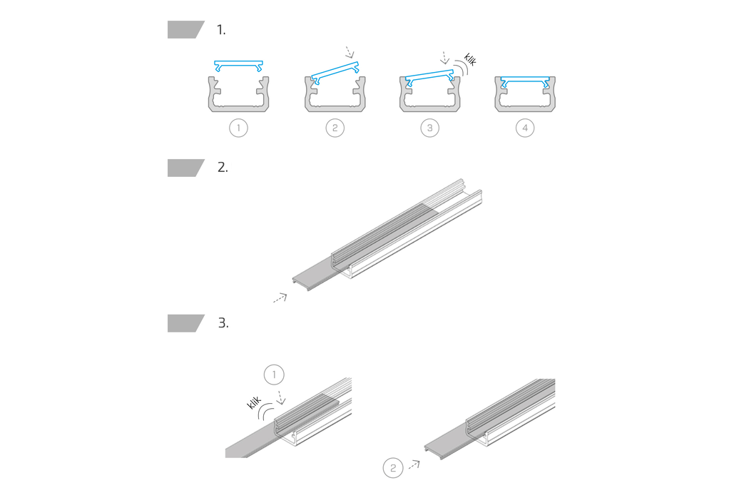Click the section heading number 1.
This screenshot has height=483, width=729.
[221, 30]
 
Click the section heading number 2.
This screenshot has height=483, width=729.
[223, 168]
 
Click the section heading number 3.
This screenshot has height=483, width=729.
[223, 323]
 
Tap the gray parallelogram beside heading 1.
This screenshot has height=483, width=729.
[186, 30]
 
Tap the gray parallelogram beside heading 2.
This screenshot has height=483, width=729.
[186, 168]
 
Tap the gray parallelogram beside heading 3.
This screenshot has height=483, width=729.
[186, 323]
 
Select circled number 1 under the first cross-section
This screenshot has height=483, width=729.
[238, 128]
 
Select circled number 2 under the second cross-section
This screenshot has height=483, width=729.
[335, 128]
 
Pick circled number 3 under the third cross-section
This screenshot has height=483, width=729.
[429, 128]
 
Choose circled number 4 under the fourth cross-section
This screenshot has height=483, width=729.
[525, 128]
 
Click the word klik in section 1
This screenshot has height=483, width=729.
[470, 60]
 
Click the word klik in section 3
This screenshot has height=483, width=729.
[254, 402]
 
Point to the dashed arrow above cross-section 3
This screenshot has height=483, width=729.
[445, 58]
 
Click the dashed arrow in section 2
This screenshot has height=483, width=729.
[280, 298]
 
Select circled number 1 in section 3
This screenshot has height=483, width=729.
[274, 375]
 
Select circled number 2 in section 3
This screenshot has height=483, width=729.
[393, 467]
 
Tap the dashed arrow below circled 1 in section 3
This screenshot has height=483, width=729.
[280, 397]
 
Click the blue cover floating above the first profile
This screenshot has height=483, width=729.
[238, 66]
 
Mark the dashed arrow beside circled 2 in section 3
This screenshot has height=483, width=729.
[414, 464]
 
